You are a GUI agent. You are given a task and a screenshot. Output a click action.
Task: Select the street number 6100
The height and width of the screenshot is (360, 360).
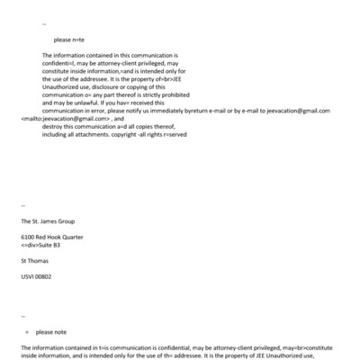click(28, 237)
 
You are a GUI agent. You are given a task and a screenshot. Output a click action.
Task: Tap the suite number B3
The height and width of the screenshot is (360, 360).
click(57, 245)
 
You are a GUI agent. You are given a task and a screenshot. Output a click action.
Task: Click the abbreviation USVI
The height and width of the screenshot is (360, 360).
click(28, 276)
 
